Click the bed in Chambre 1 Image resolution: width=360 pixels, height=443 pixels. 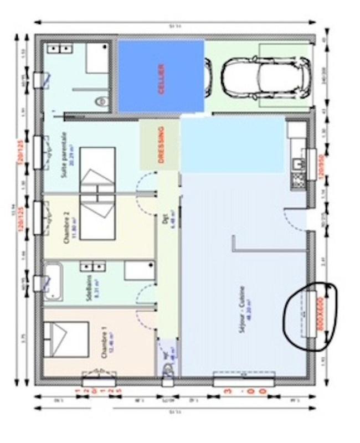(66, 337)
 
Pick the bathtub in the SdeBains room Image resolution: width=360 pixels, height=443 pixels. (54, 282)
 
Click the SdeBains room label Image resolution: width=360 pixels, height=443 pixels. (89, 285)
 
